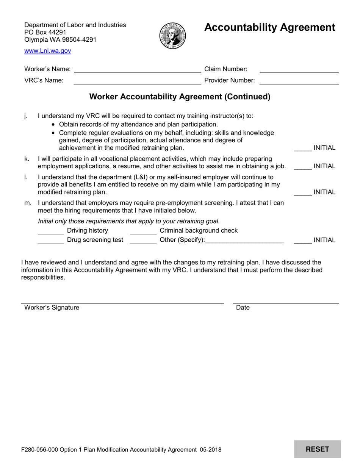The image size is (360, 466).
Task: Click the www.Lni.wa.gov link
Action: (x=47, y=51)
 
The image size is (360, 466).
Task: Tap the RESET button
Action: (x=317, y=449)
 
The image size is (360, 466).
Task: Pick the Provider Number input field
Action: (x=299, y=80)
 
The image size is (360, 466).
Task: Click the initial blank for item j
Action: (x=302, y=148)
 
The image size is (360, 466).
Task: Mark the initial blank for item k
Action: (x=302, y=166)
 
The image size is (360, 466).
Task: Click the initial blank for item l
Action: (x=302, y=192)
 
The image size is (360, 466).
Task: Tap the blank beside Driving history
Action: (x=51, y=231)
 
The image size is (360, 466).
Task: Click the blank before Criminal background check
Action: (x=143, y=231)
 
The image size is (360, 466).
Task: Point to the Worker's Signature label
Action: (x=52, y=308)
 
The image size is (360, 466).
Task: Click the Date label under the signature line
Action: (x=243, y=308)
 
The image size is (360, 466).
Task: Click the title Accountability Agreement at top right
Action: (x=269, y=28)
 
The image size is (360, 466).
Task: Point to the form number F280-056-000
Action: (x=41, y=450)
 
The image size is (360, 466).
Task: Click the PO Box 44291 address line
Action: (x=45, y=32)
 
